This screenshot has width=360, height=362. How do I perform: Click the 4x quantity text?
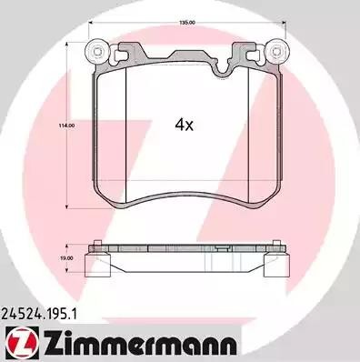coord(185,126)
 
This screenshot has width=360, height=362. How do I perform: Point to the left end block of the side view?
coord(92,264)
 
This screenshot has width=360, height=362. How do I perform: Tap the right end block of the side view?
coord(277,264)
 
